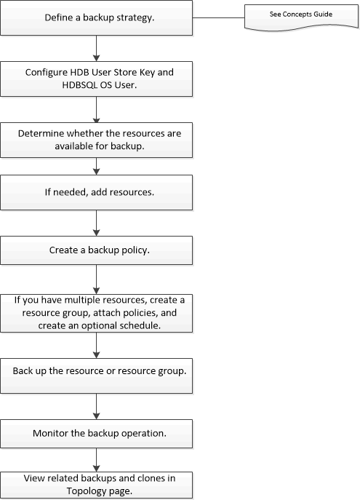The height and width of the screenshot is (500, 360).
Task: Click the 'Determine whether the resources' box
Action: (x=96, y=138)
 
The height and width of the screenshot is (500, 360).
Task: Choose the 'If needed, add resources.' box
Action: (x=96, y=195)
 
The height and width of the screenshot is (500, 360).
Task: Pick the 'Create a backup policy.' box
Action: (x=96, y=250)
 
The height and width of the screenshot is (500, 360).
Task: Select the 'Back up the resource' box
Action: (x=96, y=370)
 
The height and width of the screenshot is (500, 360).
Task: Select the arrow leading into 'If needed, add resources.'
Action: (x=96, y=168)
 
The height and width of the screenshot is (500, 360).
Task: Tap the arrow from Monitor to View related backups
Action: (x=96, y=459)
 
